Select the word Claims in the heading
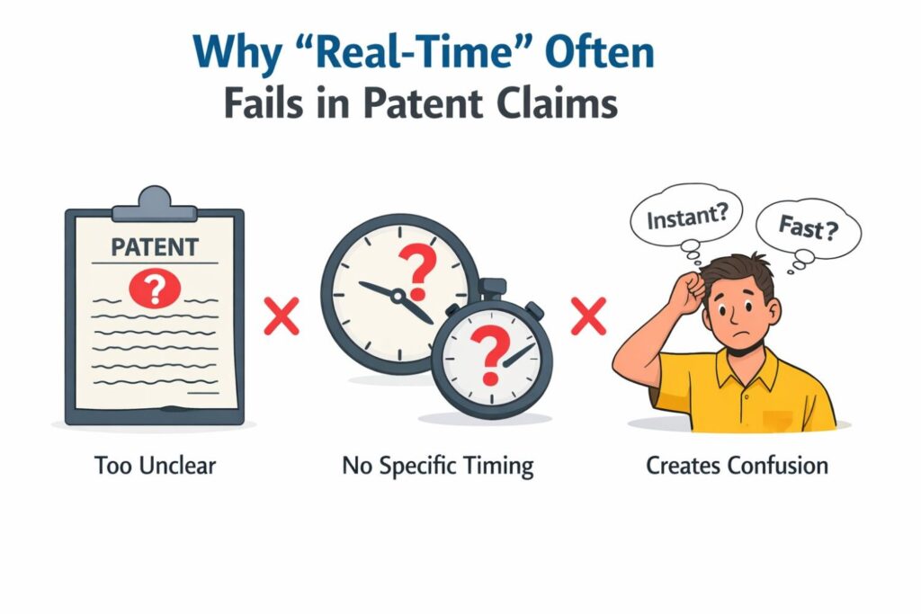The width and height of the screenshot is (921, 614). (x=559, y=104)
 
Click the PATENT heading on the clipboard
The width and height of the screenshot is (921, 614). (x=154, y=245)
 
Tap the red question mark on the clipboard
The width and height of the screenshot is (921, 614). (x=154, y=289)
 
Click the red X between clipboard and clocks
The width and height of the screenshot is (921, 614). (x=281, y=317)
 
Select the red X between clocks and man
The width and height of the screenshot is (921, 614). (x=589, y=317)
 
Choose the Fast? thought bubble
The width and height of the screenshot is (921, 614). (x=807, y=229)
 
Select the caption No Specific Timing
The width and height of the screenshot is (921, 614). (x=438, y=467)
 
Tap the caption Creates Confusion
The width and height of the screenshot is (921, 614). (x=737, y=467)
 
